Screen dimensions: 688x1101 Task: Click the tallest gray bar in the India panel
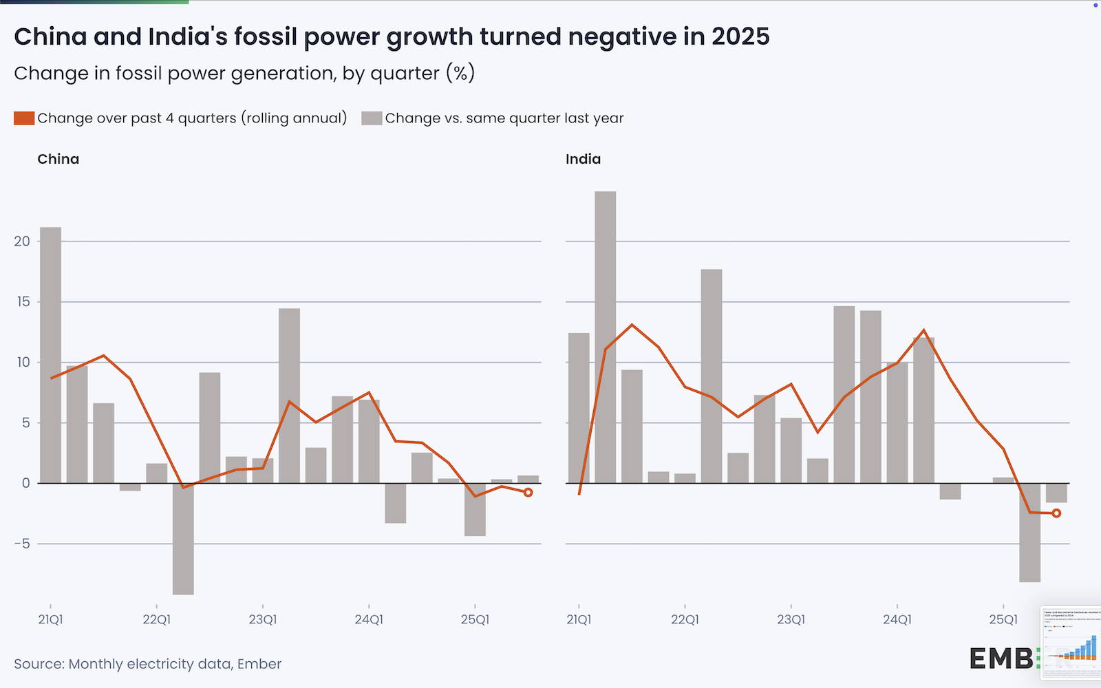(x=606, y=337)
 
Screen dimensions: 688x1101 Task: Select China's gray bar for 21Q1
(x=50, y=355)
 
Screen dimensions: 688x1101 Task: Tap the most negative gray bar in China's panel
(x=183, y=539)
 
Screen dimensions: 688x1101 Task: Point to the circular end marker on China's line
(x=528, y=493)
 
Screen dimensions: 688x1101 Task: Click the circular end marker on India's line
(x=1056, y=513)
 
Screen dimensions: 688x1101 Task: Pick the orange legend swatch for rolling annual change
(x=24, y=118)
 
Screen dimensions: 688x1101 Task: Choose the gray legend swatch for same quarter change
(x=372, y=118)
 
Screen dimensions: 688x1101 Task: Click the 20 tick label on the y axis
(x=22, y=241)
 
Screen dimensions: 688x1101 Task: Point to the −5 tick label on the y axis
(x=22, y=544)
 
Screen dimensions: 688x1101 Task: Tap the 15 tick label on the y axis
(x=22, y=302)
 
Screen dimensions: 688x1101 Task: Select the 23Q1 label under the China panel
(x=262, y=620)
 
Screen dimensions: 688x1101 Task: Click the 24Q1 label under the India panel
(x=897, y=620)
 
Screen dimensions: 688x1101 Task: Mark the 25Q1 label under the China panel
(x=475, y=620)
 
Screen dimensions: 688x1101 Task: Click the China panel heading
(x=58, y=160)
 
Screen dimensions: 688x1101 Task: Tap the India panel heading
(x=583, y=160)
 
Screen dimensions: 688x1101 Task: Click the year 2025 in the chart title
(x=740, y=37)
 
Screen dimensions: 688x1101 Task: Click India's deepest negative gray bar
(x=1029, y=533)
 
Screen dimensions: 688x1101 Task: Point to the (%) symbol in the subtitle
(x=460, y=74)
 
